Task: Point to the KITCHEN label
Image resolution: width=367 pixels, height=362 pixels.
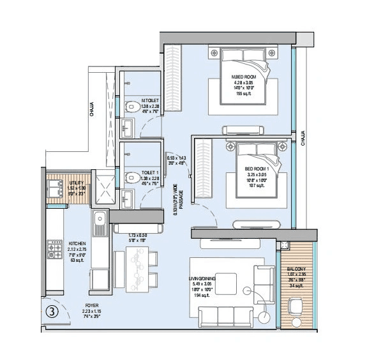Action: pyautogui.click(x=78, y=243)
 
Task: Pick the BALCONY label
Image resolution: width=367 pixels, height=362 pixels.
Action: pyautogui.click(x=296, y=269)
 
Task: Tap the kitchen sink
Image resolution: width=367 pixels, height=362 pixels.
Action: pyautogui.click(x=100, y=223)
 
